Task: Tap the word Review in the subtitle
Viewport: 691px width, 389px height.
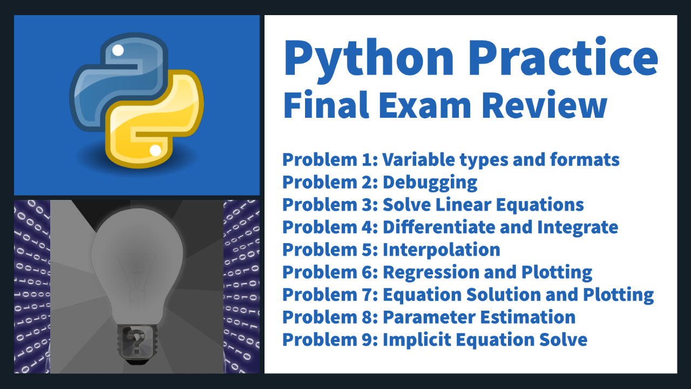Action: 545,104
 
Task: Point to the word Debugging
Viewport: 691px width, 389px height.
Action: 430,183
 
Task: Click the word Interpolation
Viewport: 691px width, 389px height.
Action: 442,250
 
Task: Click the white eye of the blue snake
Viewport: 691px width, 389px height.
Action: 118,50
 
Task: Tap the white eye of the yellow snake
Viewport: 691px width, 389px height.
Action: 155,150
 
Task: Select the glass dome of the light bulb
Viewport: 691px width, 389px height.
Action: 137,265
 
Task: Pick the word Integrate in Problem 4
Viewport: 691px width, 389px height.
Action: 578,228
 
